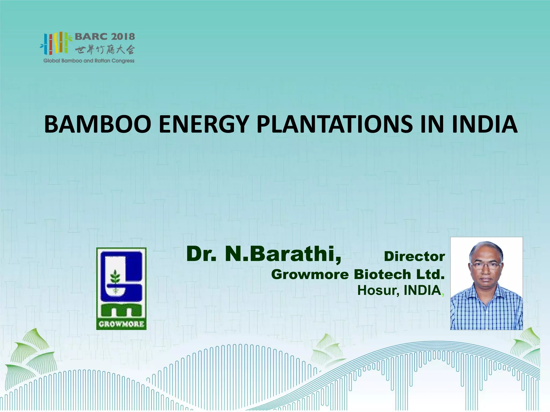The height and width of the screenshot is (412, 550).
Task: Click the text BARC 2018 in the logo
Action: (104, 37)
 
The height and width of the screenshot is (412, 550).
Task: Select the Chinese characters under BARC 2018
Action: (104, 49)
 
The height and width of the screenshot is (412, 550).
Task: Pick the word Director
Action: (414, 256)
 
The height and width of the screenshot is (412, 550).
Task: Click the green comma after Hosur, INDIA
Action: (443, 293)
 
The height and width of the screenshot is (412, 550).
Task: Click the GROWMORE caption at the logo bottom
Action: (121, 324)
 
